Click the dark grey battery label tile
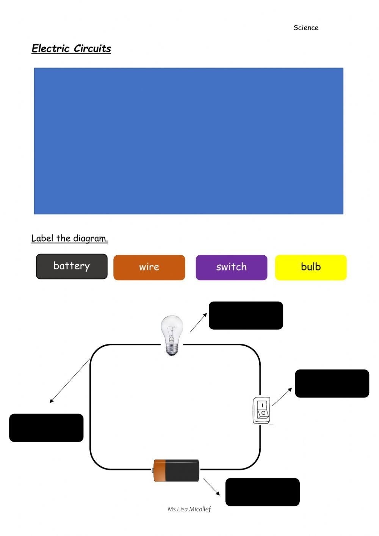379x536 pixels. pyautogui.click(x=72, y=266)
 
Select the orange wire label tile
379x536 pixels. pyautogui.click(x=149, y=267)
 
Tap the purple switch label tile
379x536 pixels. pyautogui.click(x=231, y=267)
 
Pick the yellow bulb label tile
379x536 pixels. pyautogui.click(x=311, y=267)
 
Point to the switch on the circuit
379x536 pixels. pyautogui.click(x=262, y=410)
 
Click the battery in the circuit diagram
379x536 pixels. pyautogui.click(x=177, y=470)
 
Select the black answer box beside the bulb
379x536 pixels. pyautogui.click(x=246, y=315)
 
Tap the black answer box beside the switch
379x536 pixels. pyautogui.click(x=332, y=383)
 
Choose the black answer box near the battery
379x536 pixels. pyautogui.click(x=262, y=492)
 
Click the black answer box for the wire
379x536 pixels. pyautogui.click(x=46, y=428)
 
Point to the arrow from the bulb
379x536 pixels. pyautogui.click(x=198, y=323)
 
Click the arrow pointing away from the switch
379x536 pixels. pyautogui.click(x=282, y=397)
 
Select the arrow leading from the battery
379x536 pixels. pyautogui.click(x=211, y=487)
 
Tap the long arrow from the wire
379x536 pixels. pyautogui.click(x=70, y=381)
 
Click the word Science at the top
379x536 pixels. pyautogui.click(x=306, y=28)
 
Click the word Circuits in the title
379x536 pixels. pyautogui.click(x=92, y=49)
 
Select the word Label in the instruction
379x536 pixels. pyautogui.click(x=42, y=238)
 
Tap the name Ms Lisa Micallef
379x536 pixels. pyautogui.click(x=189, y=509)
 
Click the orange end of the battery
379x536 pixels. pyautogui.click(x=160, y=470)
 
